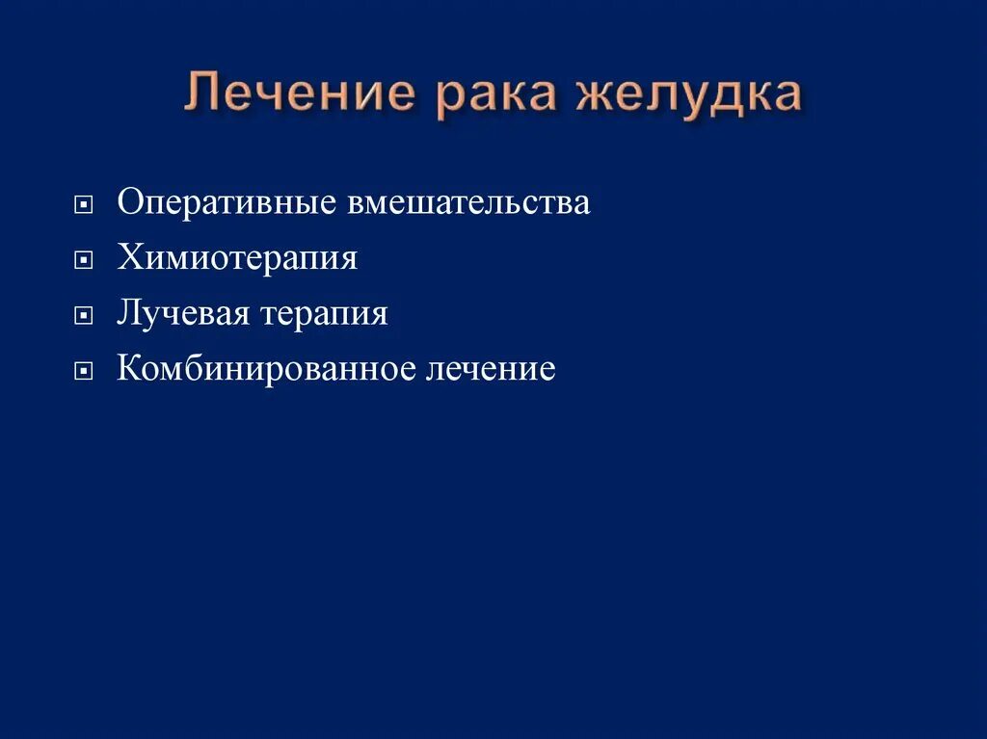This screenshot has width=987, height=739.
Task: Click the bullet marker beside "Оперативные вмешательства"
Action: (86, 205)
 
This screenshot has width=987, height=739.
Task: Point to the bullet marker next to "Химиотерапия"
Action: (86, 260)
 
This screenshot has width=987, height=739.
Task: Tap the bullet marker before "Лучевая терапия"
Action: (86, 315)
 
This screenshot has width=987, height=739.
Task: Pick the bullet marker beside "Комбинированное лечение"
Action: (86, 370)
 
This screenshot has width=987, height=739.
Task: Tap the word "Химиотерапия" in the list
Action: (237, 258)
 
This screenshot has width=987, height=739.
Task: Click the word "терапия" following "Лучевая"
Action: (325, 313)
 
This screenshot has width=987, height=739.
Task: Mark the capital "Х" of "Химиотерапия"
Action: (128, 258)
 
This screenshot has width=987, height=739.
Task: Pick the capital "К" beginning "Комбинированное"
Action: (128, 368)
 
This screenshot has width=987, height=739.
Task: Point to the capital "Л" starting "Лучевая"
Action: (127, 313)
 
